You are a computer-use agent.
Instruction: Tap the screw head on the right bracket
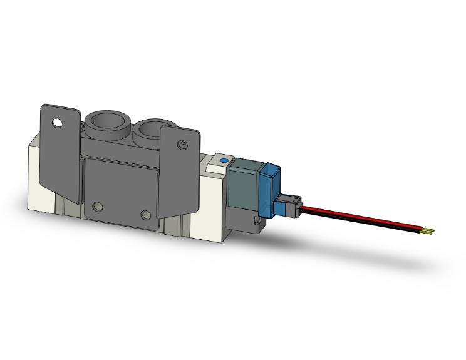click(182, 145)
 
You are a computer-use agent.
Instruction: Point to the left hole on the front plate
click(97, 207)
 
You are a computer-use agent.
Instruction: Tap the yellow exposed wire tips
click(428, 232)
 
